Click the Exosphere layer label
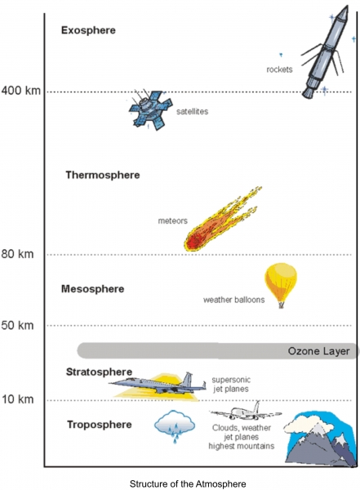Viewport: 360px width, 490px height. point(88,30)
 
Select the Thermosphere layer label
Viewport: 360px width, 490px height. point(103,175)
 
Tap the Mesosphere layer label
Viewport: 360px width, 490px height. point(93,289)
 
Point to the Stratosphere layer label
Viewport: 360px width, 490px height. point(99,372)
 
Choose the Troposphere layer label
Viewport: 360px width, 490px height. point(100,425)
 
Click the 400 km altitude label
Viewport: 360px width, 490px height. point(21,91)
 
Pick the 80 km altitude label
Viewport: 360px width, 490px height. point(17,254)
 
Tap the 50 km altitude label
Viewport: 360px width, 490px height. point(17,325)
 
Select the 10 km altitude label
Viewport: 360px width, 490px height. point(18,399)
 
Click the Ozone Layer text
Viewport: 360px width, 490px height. point(318,351)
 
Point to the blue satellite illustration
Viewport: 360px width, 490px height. point(151,109)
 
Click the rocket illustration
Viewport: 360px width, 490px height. point(325,52)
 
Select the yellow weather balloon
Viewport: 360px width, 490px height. point(281,284)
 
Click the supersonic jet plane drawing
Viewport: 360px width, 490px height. point(158,385)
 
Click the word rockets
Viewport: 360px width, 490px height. point(279,69)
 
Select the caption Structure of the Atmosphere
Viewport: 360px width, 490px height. point(188,483)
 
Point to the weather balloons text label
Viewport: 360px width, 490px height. point(233,300)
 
